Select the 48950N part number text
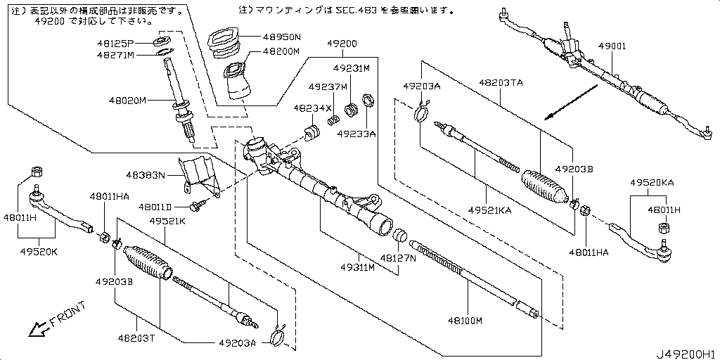(x=281, y=37)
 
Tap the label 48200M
(x=281, y=51)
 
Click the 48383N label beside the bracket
(x=145, y=174)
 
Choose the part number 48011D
(x=155, y=207)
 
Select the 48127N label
(x=398, y=258)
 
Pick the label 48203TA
(x=501, y=83)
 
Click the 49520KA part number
(x=652, y=182)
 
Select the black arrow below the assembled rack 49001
(x=570, y=102)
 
